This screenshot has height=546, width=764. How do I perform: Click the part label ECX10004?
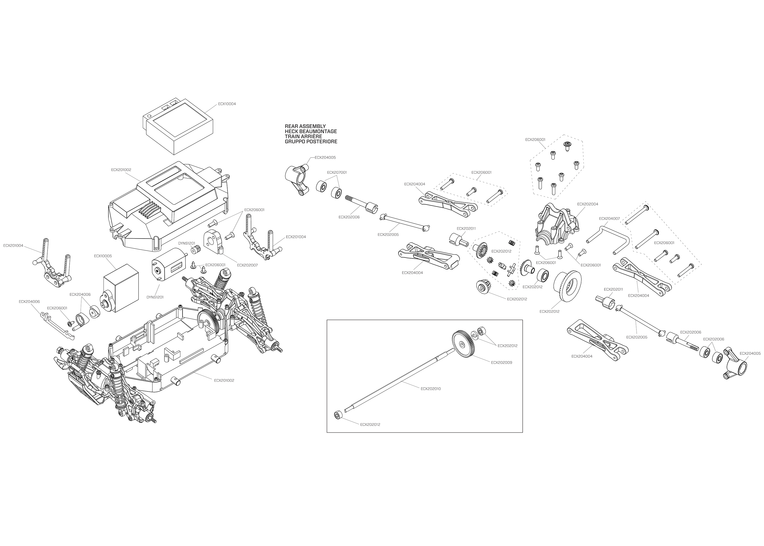[x=227, y=104]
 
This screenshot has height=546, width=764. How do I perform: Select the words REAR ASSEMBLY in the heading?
[x=305, y=126]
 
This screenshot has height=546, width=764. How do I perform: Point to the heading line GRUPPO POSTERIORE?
[x=311, y=141]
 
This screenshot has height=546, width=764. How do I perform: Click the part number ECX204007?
[x=609, y=219]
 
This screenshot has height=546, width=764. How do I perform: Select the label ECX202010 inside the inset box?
[x=431, y=389]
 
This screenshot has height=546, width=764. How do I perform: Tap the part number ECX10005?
[x=103, y=256]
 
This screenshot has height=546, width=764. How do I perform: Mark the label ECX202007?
[x=247, y=265]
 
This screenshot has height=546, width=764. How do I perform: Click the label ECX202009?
[x=501, y=363]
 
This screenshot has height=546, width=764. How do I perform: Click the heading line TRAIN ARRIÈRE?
[x=303, y=136]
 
